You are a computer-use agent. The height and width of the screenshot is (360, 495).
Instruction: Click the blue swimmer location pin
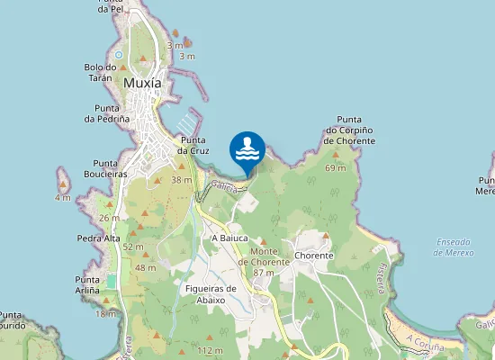tap(247, 148)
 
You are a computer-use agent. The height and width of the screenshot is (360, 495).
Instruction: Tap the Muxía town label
tap(142, 84)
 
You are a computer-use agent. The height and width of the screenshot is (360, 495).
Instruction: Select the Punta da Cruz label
tap(194, 145)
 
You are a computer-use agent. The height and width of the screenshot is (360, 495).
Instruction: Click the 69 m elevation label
tap(336, 168)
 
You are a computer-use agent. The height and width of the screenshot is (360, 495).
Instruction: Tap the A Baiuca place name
tap(229, 238)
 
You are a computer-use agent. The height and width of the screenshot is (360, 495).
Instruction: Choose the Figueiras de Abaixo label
tap(210, 294)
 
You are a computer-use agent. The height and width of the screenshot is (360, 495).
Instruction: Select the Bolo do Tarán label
tap(101, 72)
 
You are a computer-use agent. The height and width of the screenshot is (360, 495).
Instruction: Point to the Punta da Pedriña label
tap(107, 112)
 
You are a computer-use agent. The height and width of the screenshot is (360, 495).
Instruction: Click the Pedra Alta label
tap(99, 238)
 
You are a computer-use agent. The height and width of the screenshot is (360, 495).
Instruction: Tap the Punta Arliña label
tap(94, 285)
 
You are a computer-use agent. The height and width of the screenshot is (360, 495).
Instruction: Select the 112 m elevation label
tap(210, 350)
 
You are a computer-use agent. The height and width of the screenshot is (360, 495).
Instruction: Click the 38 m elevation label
tap(182, 180)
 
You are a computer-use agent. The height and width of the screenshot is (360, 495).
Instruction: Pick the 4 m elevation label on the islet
tap(62, 197)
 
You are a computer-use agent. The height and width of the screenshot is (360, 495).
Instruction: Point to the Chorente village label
tap(313, 256)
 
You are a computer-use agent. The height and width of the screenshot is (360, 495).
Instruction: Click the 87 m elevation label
tap(264, 273)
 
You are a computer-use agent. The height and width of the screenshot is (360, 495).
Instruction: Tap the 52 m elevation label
tap(133, 247)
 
